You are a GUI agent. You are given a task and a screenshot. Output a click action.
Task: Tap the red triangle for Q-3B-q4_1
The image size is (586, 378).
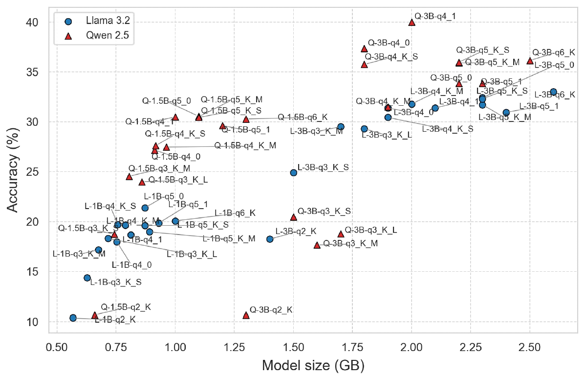click(412, 22)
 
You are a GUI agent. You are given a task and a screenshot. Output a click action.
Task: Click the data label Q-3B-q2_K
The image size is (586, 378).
click(271, 310)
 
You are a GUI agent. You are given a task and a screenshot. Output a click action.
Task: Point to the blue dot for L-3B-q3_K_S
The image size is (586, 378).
click(293, 172)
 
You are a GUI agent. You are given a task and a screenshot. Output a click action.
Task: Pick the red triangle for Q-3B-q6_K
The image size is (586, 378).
click(530, 61)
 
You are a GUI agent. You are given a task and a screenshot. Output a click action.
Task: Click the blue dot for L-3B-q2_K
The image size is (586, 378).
click(270, 239)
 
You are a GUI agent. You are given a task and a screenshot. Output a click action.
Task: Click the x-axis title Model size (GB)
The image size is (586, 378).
click(313, 365)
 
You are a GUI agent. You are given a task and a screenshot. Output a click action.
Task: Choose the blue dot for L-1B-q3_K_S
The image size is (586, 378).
click(87, 278)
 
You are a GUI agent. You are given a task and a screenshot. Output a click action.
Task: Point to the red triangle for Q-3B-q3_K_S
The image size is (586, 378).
click(293, 217)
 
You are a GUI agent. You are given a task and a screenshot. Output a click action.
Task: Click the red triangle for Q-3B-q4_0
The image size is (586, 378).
click(364, 48)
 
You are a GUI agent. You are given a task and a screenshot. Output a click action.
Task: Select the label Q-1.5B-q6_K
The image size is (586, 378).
click(303, 117)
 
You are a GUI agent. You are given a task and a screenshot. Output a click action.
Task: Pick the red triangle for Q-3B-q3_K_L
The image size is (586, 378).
click(341, 234)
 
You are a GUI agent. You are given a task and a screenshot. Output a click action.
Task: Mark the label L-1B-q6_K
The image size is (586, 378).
click(235, 213)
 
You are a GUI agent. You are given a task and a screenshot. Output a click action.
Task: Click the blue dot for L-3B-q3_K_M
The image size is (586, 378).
click(341, 127)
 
